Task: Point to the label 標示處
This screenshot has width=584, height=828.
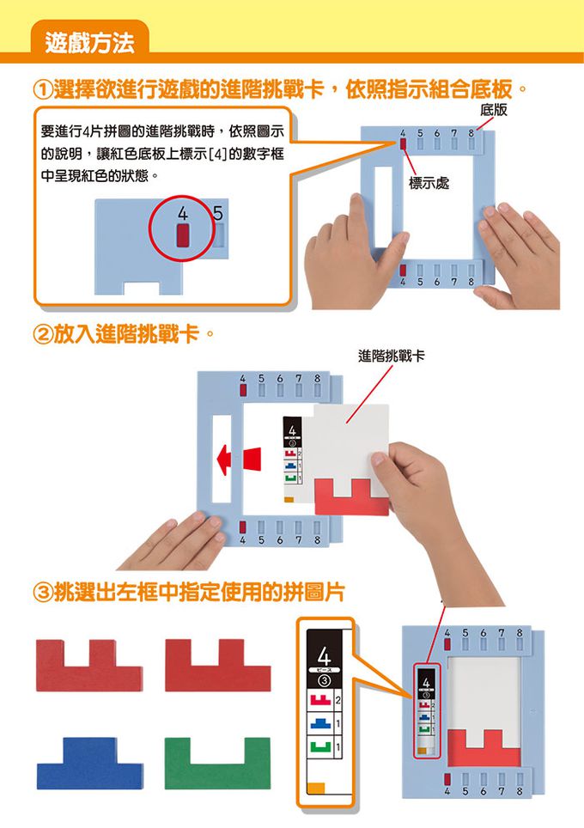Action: point(428,184)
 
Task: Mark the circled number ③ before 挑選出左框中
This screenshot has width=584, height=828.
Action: point(43,592)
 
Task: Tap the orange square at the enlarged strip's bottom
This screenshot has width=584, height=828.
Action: point(316,788)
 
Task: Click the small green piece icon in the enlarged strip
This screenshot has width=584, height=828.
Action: point(320,750)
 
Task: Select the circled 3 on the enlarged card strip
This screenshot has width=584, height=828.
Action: point(325,681)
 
